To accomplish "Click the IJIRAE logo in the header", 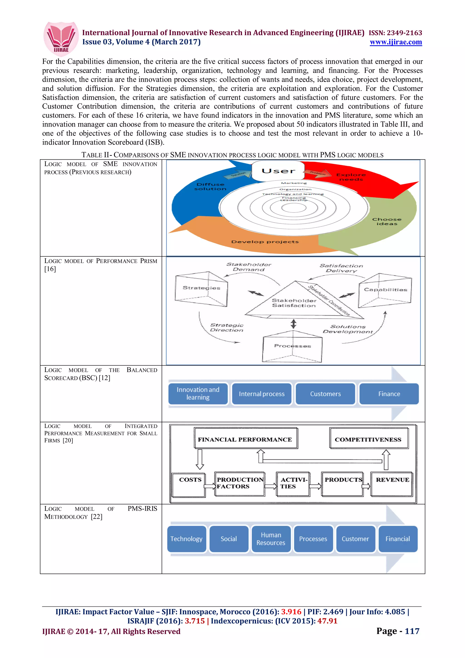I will [x=61, y=38].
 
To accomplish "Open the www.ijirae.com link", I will [x=396, y=42].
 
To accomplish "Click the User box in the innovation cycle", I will [x=278, y=171].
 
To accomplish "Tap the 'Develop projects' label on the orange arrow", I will [x=265, y=242].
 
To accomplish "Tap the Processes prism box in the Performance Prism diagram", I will [x=292, y=346].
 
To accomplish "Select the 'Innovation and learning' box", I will [x=198, y=393].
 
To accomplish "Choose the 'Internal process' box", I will [x=262, y=394].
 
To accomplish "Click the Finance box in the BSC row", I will [x=389, y=394].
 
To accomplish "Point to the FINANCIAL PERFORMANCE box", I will [x=245, y=440].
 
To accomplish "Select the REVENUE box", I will [x=392, y=484].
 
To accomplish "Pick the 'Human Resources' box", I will [x=271, y=539].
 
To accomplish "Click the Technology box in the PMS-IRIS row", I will [x=186, y=539].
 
